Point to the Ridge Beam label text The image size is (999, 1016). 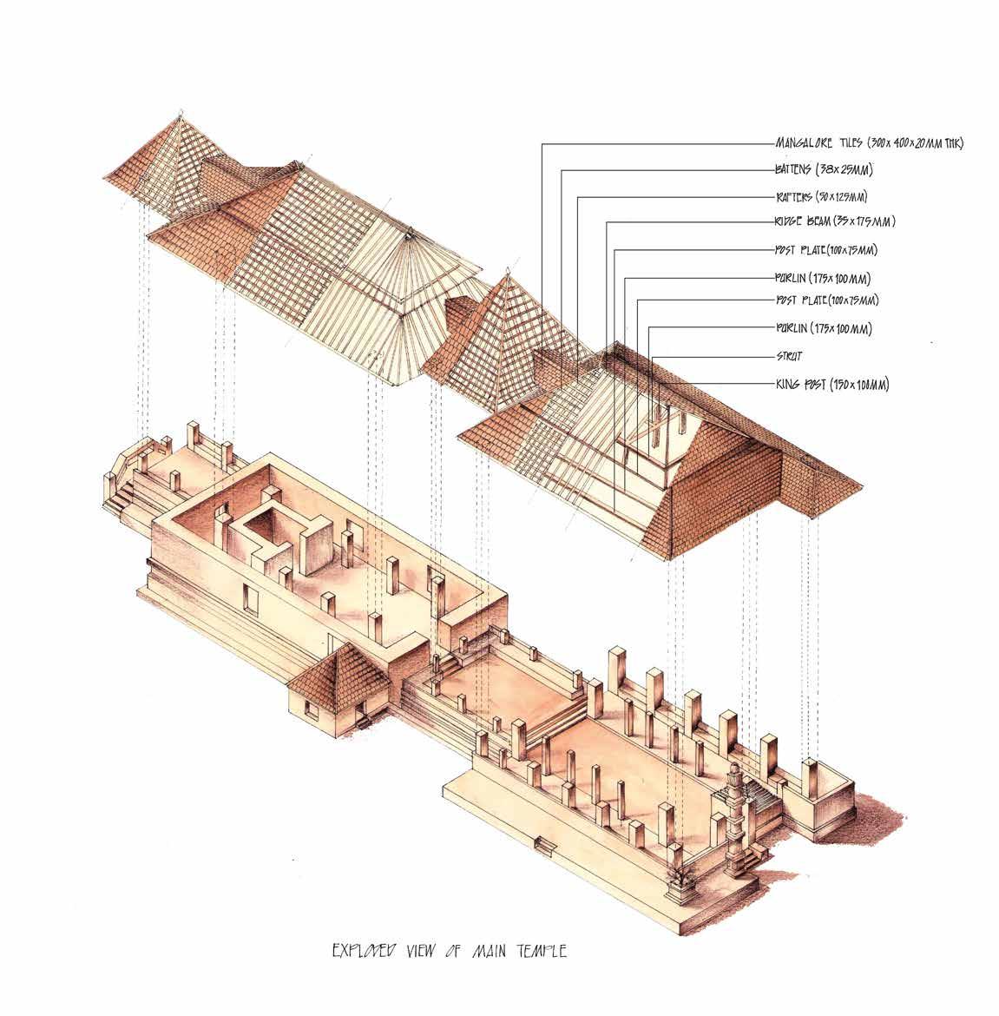tap(834, 222)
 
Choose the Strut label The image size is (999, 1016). tap(791, 356)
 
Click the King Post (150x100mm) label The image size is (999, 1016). tap(831, 383)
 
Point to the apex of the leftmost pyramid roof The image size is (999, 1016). tap(181, 115)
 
